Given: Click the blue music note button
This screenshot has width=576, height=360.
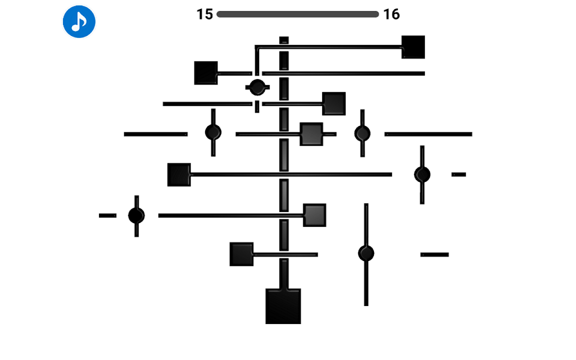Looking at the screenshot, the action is click(79, 22).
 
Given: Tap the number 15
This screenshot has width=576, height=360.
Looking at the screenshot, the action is click(205, 14).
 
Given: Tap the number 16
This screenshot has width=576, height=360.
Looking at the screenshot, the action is click(391, 14).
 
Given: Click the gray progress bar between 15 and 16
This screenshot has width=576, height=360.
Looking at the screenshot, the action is click(297, 14).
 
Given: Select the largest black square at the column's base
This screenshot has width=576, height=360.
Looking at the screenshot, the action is click(283, 306).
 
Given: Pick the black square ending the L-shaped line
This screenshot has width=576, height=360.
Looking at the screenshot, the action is click(413, 47).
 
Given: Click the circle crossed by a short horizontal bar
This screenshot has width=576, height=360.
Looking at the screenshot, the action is click(257, 87).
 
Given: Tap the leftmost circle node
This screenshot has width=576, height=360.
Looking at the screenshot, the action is click(136, 216).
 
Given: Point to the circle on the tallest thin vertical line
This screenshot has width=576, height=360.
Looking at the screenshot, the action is click(366, 253).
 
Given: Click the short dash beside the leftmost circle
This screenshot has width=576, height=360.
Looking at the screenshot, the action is click(108, 216).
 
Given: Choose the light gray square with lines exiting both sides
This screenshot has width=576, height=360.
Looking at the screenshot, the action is click(311, 134).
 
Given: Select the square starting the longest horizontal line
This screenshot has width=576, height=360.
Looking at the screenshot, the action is click(179, 175).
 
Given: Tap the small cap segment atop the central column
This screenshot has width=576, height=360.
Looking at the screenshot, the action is click(284, 40).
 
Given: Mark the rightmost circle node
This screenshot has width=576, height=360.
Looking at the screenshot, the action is click(422, 175).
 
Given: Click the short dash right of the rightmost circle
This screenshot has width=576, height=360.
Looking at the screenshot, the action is click(459, 175).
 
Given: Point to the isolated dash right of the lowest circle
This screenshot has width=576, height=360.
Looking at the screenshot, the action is click(435, 255).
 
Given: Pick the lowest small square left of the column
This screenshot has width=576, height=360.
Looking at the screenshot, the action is click(242, 254).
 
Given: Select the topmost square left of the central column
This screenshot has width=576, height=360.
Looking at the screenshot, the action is click(206, 73).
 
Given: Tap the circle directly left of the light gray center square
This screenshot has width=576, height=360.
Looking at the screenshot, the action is click(213, 133).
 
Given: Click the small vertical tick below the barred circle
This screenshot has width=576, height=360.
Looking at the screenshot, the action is click(257, 107).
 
